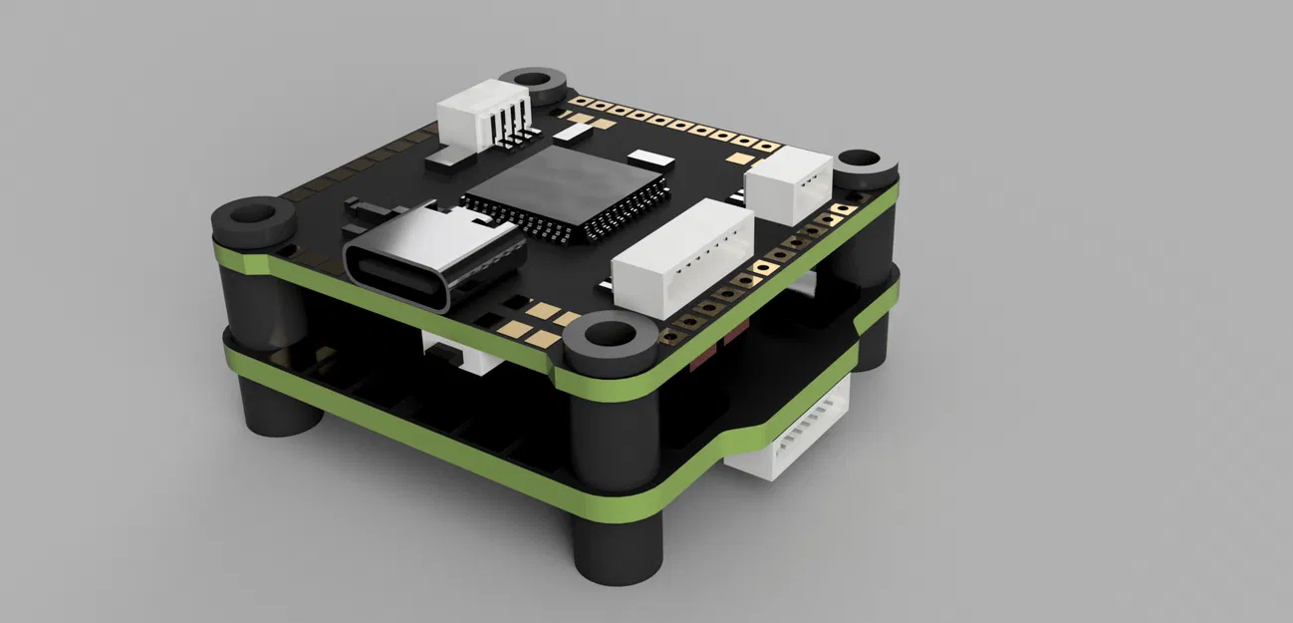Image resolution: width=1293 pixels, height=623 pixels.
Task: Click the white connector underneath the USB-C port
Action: point(459,353)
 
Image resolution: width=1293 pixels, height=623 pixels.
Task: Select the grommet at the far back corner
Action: point(531,82)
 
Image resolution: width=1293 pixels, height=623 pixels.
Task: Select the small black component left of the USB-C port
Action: point(366,208)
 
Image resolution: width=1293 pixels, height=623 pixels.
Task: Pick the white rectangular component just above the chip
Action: point(574,131)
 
